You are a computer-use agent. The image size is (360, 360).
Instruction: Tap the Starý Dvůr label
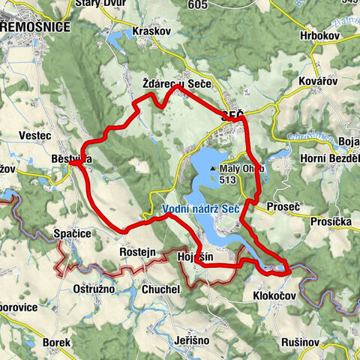click(99, 4)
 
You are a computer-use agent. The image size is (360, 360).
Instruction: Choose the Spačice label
click(73, 234)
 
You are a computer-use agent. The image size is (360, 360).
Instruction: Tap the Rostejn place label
click(137, 253)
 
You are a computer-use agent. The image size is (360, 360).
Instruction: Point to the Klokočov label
click(274, 297)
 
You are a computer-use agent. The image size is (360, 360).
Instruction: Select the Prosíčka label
click(331, 222)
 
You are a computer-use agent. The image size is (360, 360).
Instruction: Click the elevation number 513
click(229, 179)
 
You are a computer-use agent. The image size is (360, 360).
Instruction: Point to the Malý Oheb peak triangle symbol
click(213, 169)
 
